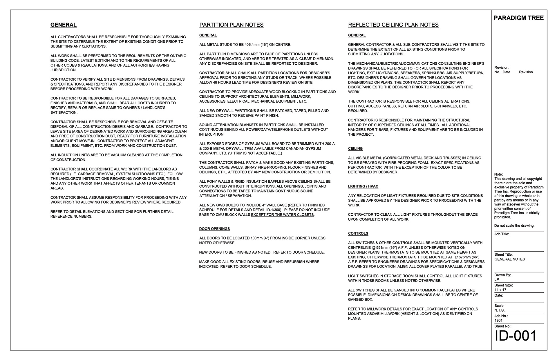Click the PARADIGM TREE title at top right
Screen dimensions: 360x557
518,18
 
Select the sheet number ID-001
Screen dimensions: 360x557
516,336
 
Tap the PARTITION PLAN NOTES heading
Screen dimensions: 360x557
231,25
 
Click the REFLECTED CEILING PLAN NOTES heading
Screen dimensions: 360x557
393,25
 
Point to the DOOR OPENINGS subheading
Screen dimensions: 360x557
214,229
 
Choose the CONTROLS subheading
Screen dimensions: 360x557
358,233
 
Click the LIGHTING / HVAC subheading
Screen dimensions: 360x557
363,186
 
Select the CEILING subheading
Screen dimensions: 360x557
355,149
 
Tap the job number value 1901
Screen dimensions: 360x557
498,321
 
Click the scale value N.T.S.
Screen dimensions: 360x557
499,310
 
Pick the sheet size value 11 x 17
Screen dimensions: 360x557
500,290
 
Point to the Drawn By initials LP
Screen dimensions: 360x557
497,280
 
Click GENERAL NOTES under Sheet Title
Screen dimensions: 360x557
509,259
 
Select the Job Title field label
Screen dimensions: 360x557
502,234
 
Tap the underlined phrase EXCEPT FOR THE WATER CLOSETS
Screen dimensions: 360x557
282,215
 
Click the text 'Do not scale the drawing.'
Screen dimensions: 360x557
514,226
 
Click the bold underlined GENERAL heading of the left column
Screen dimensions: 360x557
63,25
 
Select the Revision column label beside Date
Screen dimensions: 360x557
526,72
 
